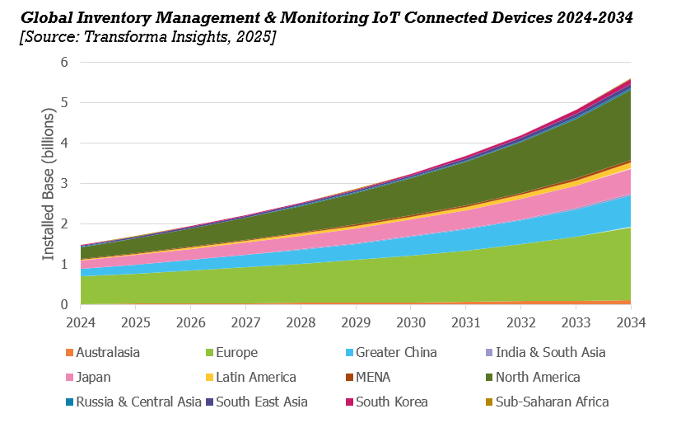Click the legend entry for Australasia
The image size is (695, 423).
(108, 352)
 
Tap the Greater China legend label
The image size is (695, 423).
(396, 352)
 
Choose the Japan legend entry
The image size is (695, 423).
(93, 377)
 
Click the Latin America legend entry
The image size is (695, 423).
(256, 377)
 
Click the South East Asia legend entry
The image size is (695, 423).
(262, 402)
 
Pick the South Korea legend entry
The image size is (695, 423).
(392, 402)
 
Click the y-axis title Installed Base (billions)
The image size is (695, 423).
(49, 185)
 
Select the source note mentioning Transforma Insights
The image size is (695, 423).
(148, 37)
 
